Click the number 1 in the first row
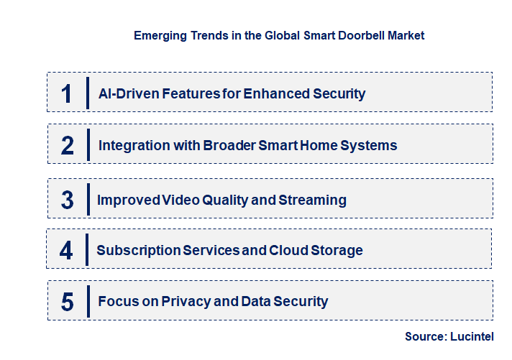(x=66, y=93)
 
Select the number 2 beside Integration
(x=68, y=146)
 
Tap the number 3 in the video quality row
(x=68, y=200)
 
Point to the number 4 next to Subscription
(x=66, y=251)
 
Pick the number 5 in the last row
(x=68, y=302)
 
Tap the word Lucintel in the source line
(x=472, y=336)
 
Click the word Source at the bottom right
(x=425, y=336)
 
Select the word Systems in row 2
(x=369, y=146)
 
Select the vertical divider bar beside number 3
(x=87, y=199)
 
